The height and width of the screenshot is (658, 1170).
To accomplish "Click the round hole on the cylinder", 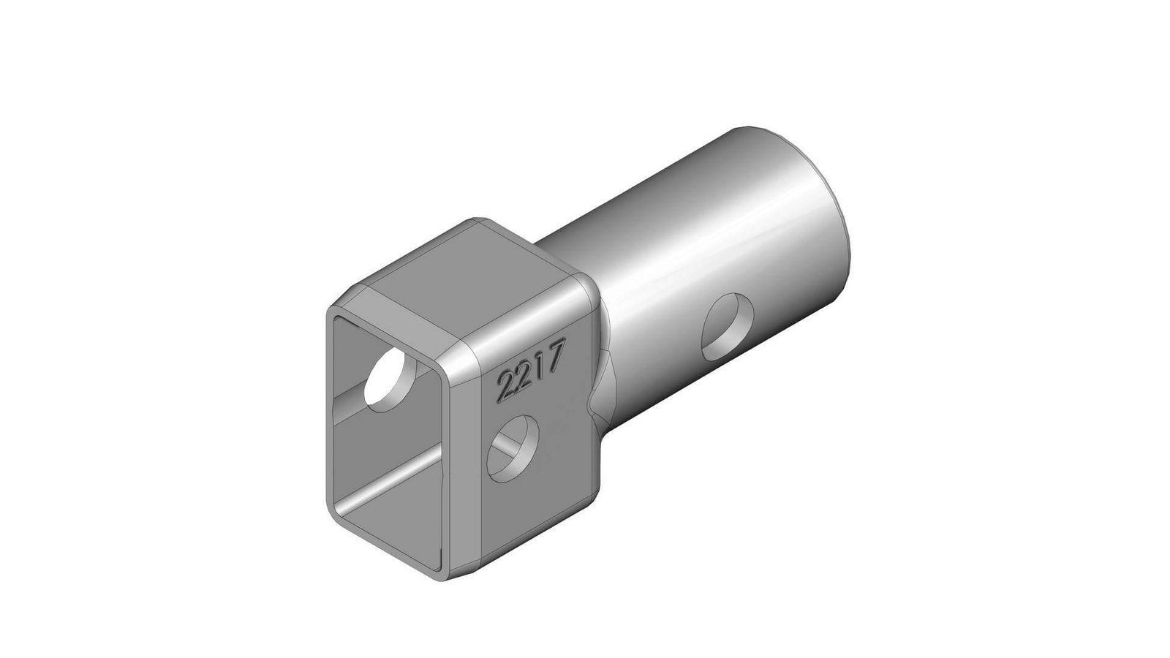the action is coord(728,328).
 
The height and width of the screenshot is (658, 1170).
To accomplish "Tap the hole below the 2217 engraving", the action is coord(513,448).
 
